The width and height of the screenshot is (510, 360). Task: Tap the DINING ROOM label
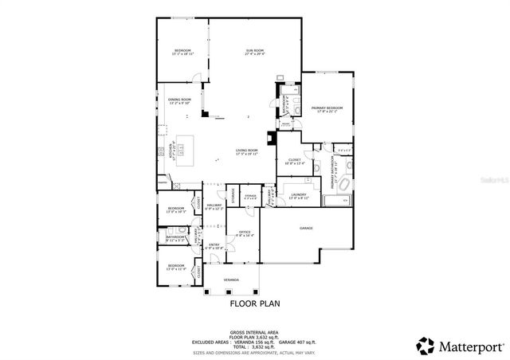(x=179, y=100)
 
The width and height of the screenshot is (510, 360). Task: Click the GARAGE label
(x=306, y=229)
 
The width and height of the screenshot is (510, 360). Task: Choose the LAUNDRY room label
(x=299, y=195)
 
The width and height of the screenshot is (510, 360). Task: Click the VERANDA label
(x=231, y=280)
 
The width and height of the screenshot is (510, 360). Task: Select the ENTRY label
(x=214, y=245)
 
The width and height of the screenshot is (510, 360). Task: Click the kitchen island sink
(x=181, y=147)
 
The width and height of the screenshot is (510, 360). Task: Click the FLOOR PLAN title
(x=254, y=303)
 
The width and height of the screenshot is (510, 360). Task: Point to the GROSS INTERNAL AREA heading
(x=254, y=330)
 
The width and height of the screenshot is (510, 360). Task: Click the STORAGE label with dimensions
(x=249, y=196)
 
